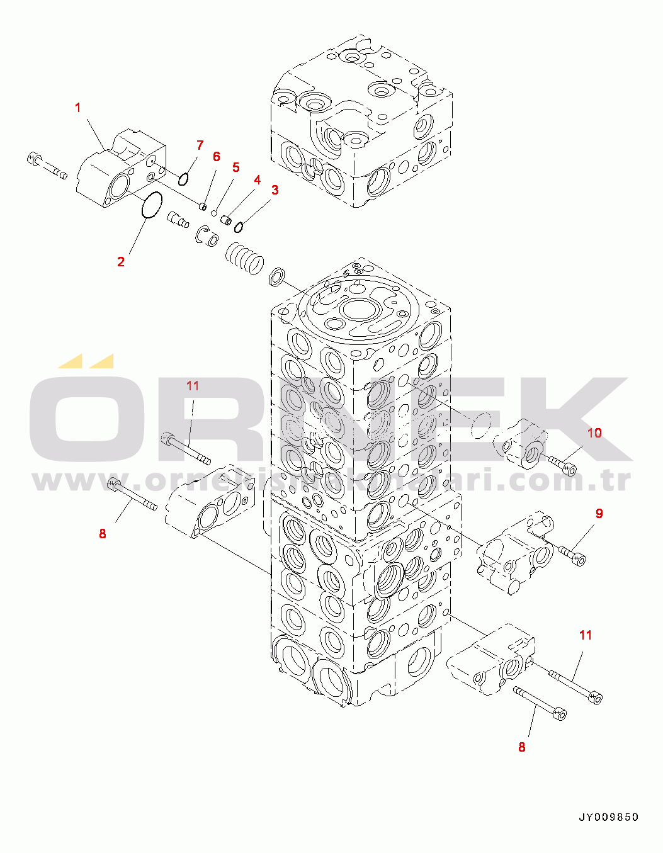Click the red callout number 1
click(78, 108)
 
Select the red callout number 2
click(121, 262)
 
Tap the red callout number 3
click(275, 189)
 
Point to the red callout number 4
click(257, 180)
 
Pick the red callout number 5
click(235, 167)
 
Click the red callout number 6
click(216, 156)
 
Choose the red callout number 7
click(200, 145)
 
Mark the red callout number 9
click(599, 513)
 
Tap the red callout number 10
click(594, 432)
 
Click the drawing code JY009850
click(608, 817)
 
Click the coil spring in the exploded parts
click(244, 258)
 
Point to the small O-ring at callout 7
click(183, 179)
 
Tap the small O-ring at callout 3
click(239, 226)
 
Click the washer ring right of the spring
click(276, 276)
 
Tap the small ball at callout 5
click(214, 213)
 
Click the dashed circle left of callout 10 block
click(482, 426)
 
